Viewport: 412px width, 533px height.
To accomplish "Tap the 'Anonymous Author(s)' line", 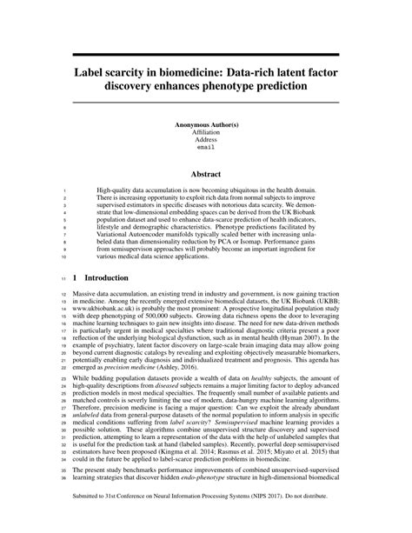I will point(206,124).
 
